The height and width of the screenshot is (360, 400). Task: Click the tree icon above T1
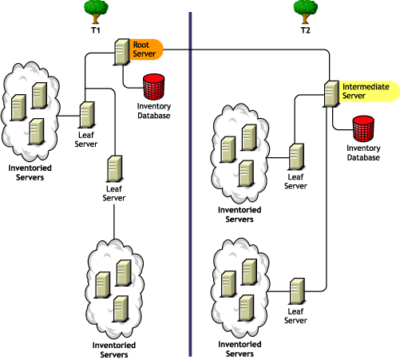coord(97,10)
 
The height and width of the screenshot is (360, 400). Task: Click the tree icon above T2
coord(305,10)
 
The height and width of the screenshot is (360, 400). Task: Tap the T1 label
coord(95,30)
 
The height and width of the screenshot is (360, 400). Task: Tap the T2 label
coord(304,30)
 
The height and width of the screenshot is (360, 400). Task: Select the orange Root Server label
coord(145,49)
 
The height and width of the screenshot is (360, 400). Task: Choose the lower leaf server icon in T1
coord(114,169)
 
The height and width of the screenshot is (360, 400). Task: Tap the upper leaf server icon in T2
coord(296,156)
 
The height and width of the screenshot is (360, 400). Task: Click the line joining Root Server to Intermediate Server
coord(255,50)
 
